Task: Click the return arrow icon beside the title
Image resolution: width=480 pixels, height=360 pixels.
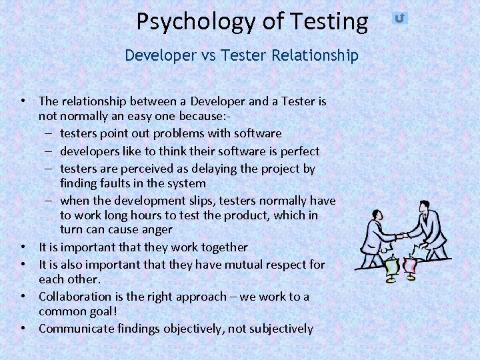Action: point(399,18)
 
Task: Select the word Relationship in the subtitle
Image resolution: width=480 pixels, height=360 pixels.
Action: point(315,55)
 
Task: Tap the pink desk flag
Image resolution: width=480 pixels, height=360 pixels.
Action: point(411,265)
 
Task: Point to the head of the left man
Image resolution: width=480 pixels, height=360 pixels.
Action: point(377,215)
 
